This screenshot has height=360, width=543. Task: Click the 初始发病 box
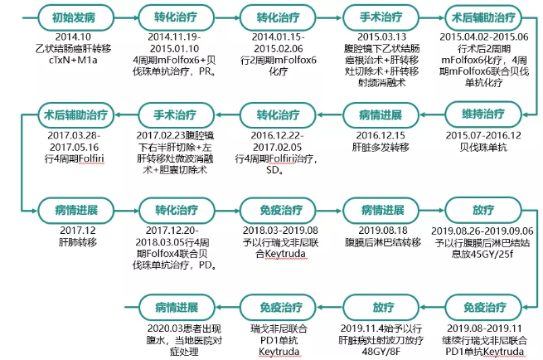pyautogui.click(x=61, y=17)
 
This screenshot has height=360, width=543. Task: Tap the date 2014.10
pyautogui.click(x=61, y=37)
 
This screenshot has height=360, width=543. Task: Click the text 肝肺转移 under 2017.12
pyautogui.click(x=61, y=242)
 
